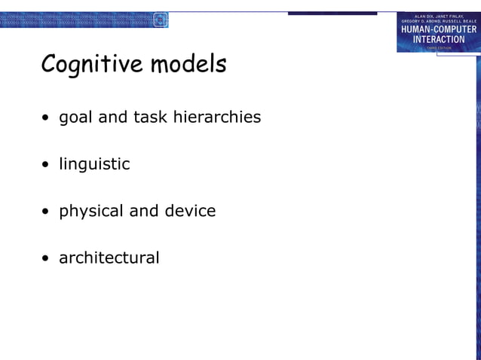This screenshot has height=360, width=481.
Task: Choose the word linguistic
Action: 94,164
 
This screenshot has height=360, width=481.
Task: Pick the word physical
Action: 91,212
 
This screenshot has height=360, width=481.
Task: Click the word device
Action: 189,211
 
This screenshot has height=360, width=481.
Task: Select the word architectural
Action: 109,258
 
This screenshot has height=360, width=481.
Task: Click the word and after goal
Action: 113,117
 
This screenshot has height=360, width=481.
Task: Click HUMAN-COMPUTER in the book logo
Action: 439,29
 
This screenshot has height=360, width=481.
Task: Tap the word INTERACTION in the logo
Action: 439,39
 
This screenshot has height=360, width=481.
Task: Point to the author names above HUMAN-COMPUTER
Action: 439,18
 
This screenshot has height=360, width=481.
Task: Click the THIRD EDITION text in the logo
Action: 439,47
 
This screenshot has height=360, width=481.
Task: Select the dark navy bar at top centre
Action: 332,14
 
